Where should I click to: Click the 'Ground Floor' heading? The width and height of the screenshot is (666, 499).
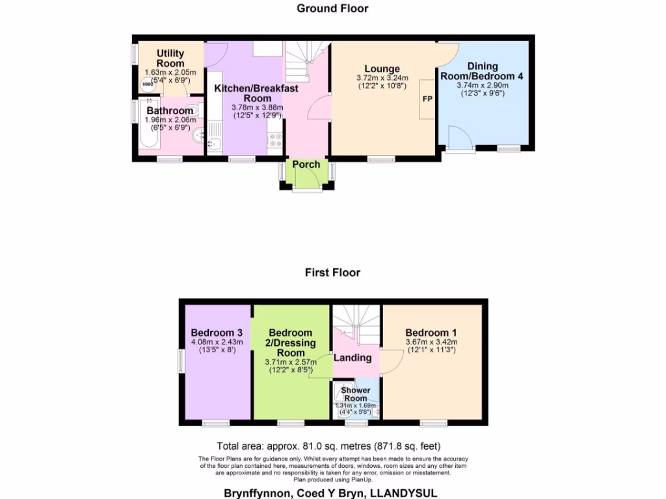coord(332,8)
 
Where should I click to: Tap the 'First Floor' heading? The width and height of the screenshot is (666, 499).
coord(332,272)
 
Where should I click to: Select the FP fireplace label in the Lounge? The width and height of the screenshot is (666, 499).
coord(427,99)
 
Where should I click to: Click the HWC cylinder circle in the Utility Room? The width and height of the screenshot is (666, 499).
coord(148,84)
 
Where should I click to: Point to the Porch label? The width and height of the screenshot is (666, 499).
coord(306,164)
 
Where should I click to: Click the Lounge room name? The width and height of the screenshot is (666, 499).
coord(382,69)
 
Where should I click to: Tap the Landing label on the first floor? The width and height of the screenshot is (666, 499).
coord(353,357)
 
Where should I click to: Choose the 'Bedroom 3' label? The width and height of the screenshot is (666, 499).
coord(217,332)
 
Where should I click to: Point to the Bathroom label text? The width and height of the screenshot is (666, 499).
coord(170,110)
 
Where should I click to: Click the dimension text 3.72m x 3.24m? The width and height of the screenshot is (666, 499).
coord(382,78)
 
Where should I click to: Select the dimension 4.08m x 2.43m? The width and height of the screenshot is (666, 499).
coord(217,342)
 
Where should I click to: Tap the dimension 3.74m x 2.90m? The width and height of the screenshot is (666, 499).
coord(482,85)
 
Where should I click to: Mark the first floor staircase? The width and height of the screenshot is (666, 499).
coord(356,322)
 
